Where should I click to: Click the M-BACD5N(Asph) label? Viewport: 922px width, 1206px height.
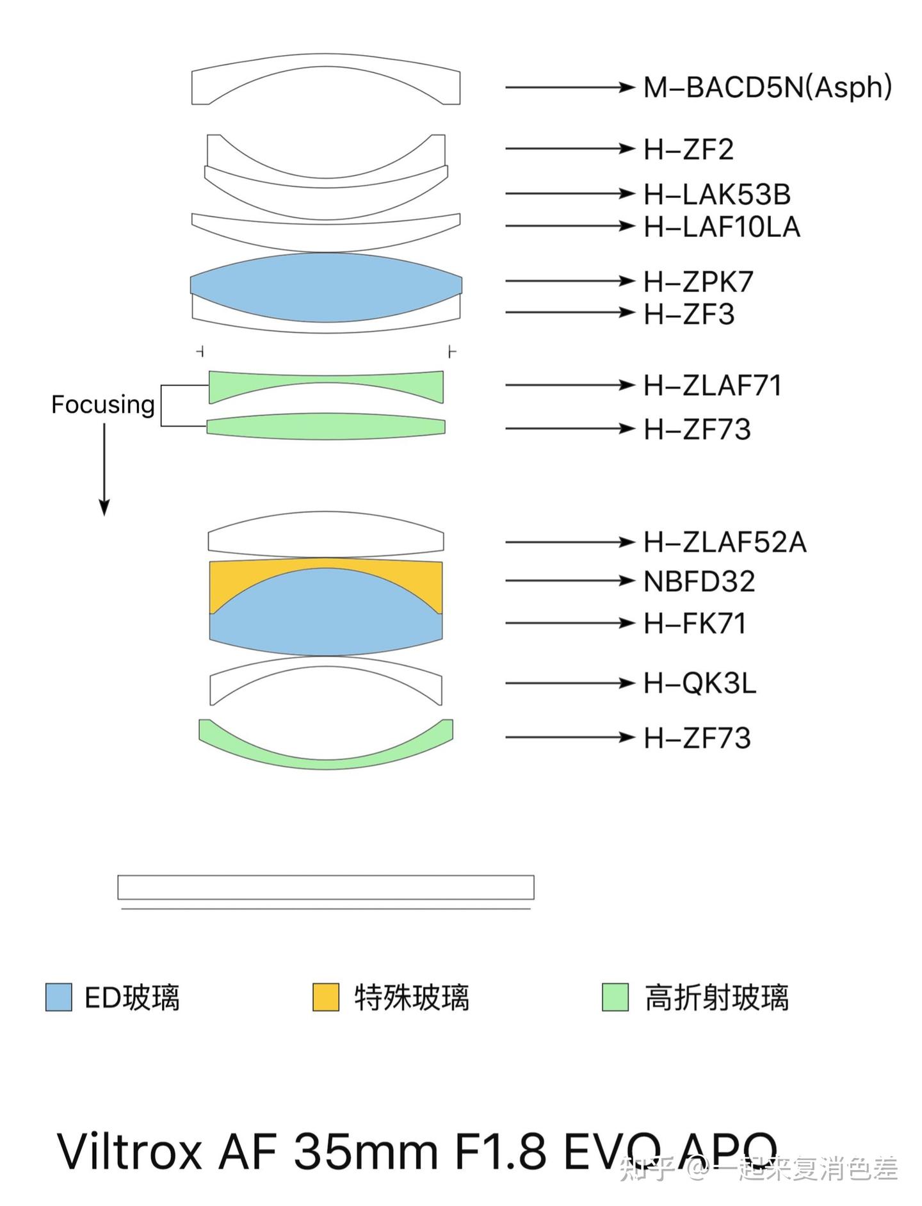[x=768, y=87]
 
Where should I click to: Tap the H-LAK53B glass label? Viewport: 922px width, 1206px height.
[x=717, y=194]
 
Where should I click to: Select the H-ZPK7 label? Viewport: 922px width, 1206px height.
[x=699, y=281]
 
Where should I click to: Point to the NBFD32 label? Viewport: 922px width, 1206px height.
[x=699, y=581]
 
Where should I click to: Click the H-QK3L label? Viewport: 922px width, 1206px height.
[x=700, y=683]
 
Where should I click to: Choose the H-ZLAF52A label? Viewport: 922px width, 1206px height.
[x=725, y=542]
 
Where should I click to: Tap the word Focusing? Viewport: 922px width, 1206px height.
[x=103, y=405]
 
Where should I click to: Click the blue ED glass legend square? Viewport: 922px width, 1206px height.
[x=59, y=997]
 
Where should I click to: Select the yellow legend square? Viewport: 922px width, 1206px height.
[x=326, y=997]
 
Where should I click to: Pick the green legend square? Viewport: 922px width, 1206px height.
[x=615, y=997]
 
